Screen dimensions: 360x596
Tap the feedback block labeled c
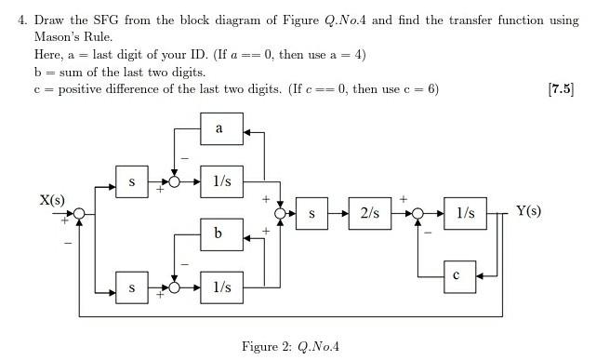pyautogui.click(x=456, y=275)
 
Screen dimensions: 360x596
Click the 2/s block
pyautogui.click(x=370, y=213)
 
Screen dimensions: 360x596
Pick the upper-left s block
pyautogui.click(x=132, y=182)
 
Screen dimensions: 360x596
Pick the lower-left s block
pyautogui.click(x=132, y=287)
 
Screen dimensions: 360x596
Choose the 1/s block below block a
pyautogui.click(x=221, y=182)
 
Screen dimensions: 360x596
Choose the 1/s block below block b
pyautogui.click(x=221, y=287)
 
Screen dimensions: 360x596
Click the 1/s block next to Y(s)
pyautogui.click(x=465, y=213)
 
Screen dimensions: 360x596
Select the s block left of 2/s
pyautogui.click(x=312, y=213)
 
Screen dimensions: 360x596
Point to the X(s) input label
pyautogui.click(x=52, y=200)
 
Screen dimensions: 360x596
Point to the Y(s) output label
pyautogui.click(x=528, y=210)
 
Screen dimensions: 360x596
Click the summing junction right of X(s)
pyautogui.click(x=79, y=214)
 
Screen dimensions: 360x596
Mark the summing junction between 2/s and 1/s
pyautogui.click(x=417, y=214)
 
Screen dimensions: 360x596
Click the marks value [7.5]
pyautogui.click(x=562, y=89)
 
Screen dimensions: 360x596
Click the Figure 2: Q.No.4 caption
pyautogui.click(x=290, y=347)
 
